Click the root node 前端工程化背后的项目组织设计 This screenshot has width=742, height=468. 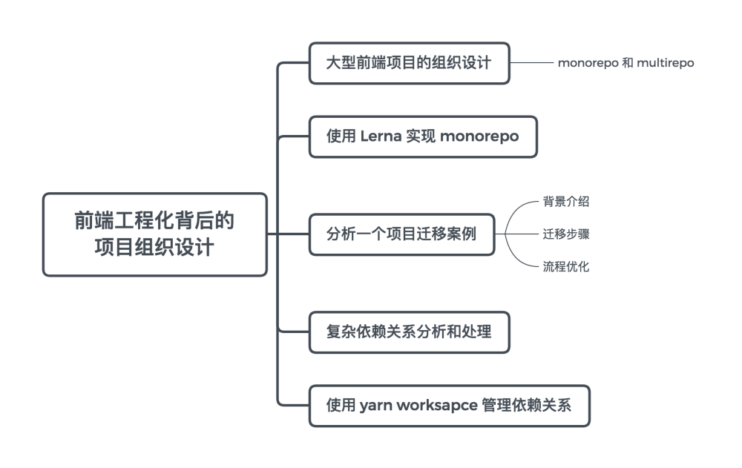[x=155, y=234]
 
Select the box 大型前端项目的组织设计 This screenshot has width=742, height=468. [x=410, y=63]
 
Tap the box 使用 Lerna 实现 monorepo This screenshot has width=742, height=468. [x=423, y=136]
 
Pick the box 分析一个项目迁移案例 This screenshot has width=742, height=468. [x=401, y=234]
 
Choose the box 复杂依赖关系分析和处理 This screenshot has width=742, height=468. [x=410, y=332]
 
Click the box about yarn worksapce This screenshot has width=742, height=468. [x=450, y=406]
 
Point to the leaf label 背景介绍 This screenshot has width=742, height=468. [x=566, y=202]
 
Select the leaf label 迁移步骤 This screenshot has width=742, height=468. [x=566, y=234]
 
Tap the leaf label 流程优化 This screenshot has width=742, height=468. [x=566, y=266]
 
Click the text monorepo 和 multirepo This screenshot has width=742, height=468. [x=626, y=63]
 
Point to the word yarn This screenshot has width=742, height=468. [x=375, y=406]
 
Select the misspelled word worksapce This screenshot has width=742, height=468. [x=437, y=406]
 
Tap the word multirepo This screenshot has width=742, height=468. [x=666, y=63]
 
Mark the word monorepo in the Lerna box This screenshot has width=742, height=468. [x=479, y=136]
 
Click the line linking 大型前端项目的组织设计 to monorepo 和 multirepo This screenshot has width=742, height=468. [x=532, y=62]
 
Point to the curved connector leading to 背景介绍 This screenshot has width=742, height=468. [x=516, y=210]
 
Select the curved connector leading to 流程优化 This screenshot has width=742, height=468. [x=516, y=258]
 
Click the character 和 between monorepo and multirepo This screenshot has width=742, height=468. [x=628, y=63]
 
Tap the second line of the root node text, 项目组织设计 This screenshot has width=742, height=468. [x=154, y=248]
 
